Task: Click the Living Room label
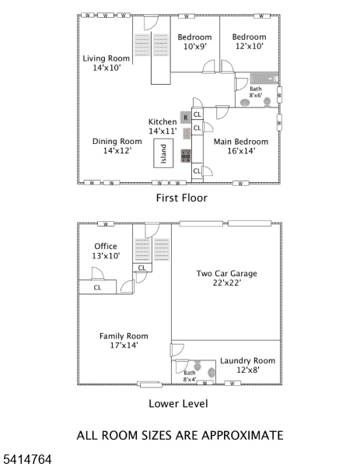[x=107, y=63]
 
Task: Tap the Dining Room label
[x=111, y=146]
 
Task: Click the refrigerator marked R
[x=185, y=118]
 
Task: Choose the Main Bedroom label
[x=242, y=146]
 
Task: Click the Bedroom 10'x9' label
[x=194, y=42]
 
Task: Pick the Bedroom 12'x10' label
[x=249, y=42]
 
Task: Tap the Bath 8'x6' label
[x=256, y=92]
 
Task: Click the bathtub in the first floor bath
[x=264, y=79]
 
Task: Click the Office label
[x=106, y=251]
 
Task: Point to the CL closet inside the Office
[x=97, y=287]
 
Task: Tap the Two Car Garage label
[x=226, y=278]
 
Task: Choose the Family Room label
[x=124, y=340]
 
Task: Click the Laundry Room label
[x=247, y=365]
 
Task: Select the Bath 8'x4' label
[x=190, y=376]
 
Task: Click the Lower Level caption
[x=178, y=404]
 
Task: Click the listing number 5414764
[x=26, y=460]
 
